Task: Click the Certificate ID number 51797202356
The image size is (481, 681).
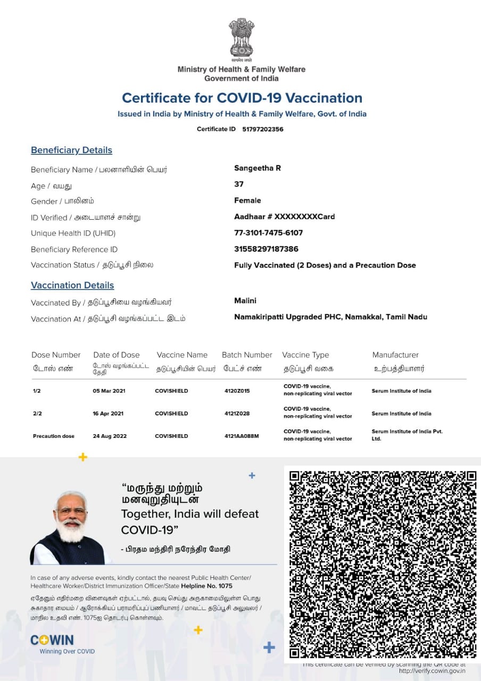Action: point(263,129)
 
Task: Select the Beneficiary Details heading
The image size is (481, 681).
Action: point(71,150)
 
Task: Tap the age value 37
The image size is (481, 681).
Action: point(239,184)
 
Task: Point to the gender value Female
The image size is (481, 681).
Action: point(247,201)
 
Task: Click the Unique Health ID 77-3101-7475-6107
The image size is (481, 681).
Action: point(269,233)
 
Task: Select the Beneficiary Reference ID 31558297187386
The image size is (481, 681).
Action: point(266,249)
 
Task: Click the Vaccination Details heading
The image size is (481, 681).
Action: point(72,285)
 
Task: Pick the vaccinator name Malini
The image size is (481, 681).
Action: point(245,301)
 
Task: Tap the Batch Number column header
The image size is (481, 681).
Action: point(247,355)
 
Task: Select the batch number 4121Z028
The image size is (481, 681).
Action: point(237,413)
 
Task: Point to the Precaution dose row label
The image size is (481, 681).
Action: point(54,436)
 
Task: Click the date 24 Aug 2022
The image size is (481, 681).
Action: point(110,436)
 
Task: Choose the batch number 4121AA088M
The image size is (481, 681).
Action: point(242,436)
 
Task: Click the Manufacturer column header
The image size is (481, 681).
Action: point(395,355)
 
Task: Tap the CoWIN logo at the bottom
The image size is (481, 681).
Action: point(52,641)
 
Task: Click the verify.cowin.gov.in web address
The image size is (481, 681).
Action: point(432,671)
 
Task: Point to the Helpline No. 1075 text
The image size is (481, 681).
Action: point(210,586)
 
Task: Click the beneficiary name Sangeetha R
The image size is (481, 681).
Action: point(258,168)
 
